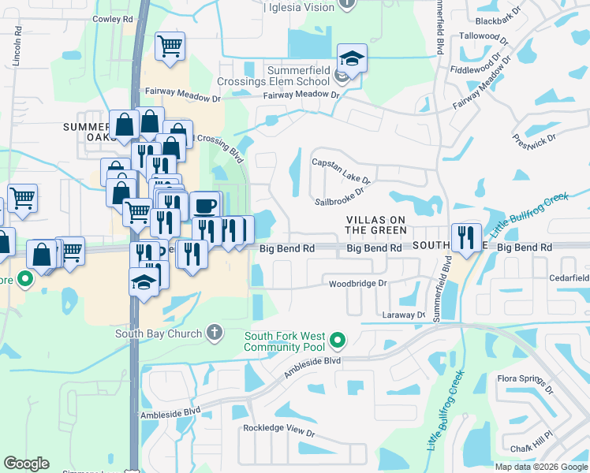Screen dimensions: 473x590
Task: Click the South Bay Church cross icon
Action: coord(214,333)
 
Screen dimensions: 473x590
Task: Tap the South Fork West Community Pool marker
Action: coord(338,341)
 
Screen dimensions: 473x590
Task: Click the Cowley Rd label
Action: coord(113,18)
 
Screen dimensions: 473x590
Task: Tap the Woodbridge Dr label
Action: coord(358,283)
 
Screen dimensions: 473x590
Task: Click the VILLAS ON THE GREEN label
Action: coord(377,225)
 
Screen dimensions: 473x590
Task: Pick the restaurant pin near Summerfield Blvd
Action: coord(466,237)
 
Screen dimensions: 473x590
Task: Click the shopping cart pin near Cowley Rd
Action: coord(170,47)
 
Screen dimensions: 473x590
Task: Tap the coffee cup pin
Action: coord(205,206)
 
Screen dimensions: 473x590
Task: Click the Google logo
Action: coord(26,464)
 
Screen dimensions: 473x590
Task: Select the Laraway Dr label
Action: coord(409,315)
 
